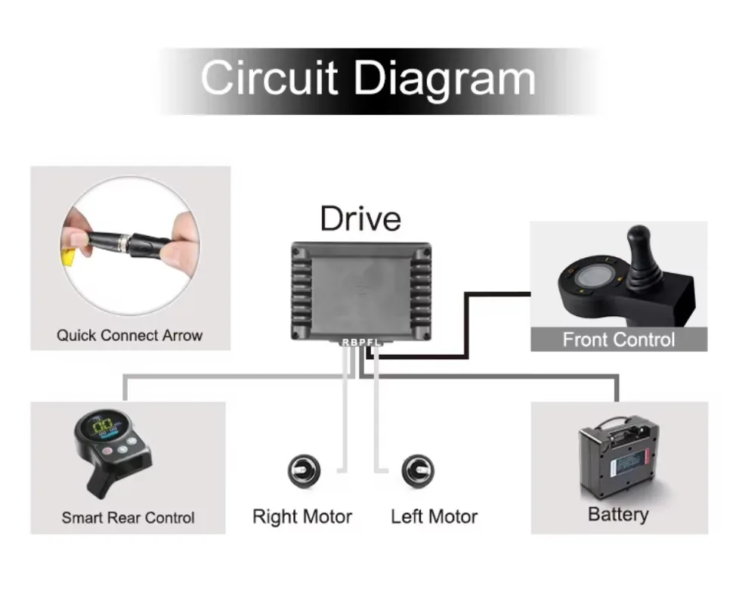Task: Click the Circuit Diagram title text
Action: click(x=368, y=79)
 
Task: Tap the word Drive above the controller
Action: click(x=360, y=219)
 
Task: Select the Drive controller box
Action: click(x=361, y=291)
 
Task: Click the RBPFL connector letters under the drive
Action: click(x=361, y=343)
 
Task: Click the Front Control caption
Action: click(x=619, y=340)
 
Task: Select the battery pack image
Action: click(x=619, y=458)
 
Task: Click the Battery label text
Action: click(x=618, y=515)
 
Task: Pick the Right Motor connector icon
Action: click(x=305, y=470)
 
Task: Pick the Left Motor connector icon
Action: click(x=418, y=470)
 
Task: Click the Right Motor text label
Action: click(x=302, y=517)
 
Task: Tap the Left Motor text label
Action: click(x=434, y=517)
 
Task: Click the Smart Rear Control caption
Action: click(x=128, y=517)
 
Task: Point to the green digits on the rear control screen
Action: click(x=102, y=427)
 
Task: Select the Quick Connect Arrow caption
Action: click(x=129, y=335)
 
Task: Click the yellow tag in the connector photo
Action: click(x=68, y=256)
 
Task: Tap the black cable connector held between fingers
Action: click(x=129, y=242)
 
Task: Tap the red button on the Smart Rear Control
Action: click(x=107, y=451)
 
